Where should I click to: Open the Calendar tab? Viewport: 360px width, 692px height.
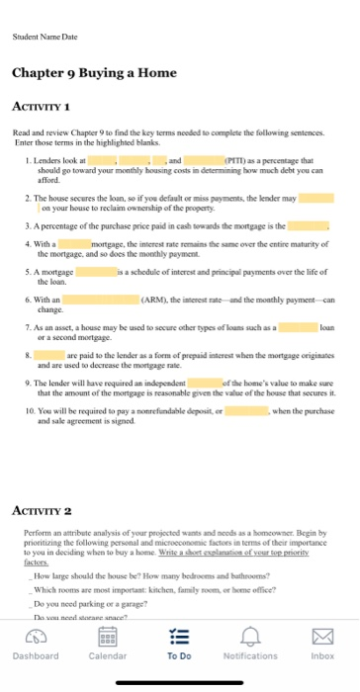(x=107, y=646)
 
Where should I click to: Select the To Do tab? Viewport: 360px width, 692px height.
(x=179, y=646)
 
